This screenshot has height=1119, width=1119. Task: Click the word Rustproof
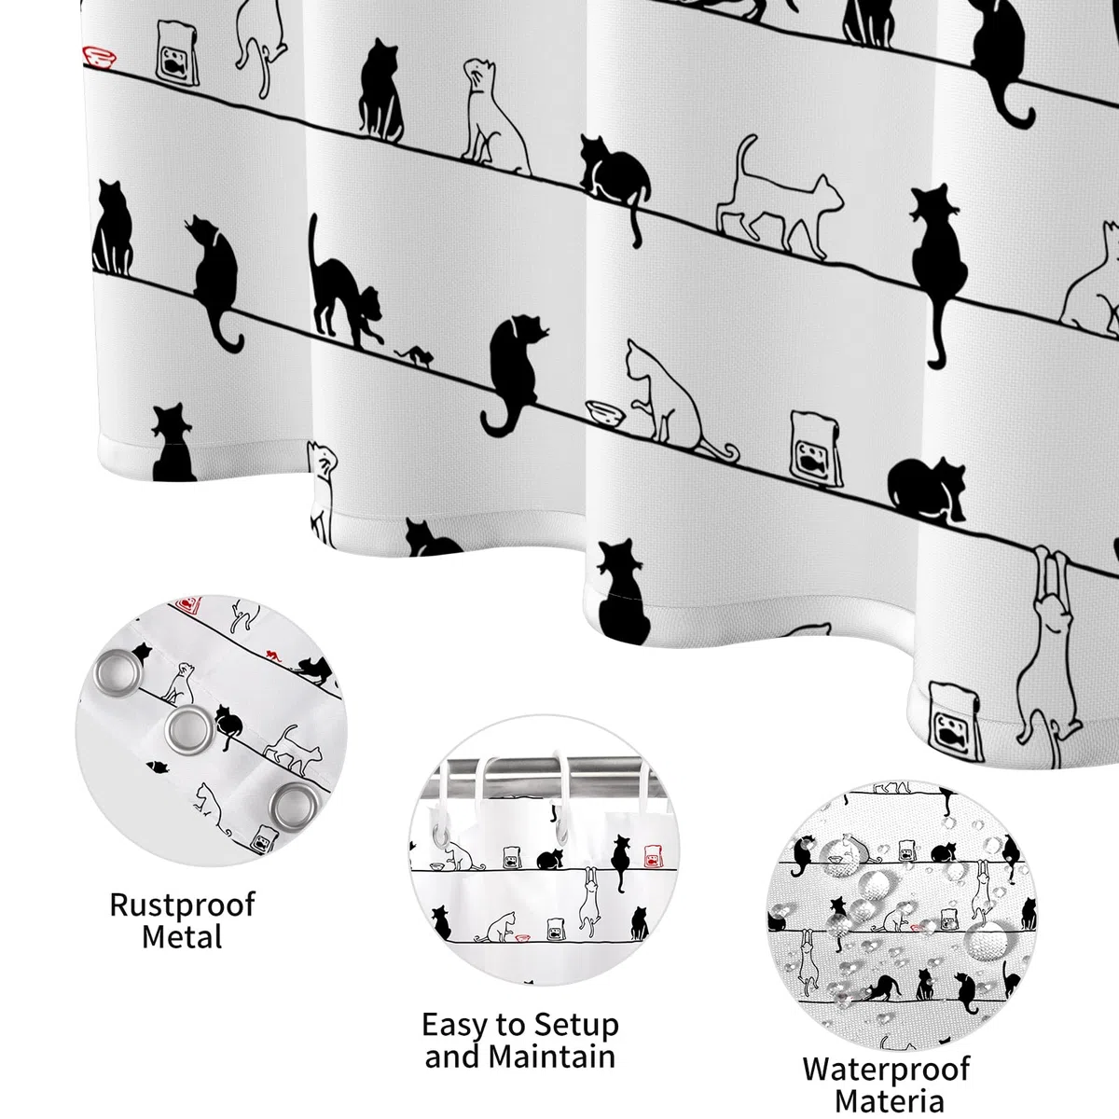[183, 905]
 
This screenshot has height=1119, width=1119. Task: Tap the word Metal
[183, 936]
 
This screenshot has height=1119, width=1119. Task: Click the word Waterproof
[886, 1069]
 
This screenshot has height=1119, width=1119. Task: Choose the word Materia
[889, 1101]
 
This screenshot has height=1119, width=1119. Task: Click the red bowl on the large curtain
[100, 58]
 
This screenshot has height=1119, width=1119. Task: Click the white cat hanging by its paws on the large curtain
[1048, 650]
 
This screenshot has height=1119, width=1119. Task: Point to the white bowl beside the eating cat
[606, 413]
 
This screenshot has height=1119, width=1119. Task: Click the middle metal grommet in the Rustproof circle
[188, 730]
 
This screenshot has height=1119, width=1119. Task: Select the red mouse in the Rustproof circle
[273, 656]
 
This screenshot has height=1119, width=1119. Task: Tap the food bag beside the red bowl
[178, 53]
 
